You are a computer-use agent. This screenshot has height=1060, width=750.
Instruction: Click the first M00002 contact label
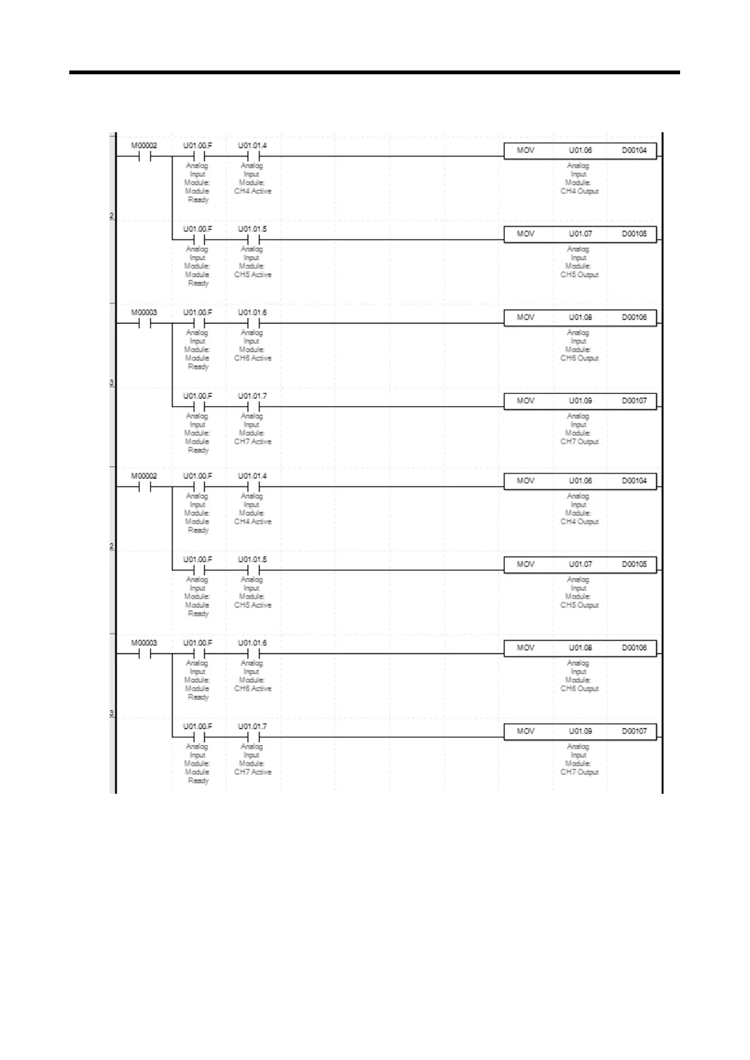pos(144,145)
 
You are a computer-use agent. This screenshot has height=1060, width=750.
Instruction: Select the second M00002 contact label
pos(144,476)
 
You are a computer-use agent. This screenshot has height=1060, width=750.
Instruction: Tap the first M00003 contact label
pos(144,312)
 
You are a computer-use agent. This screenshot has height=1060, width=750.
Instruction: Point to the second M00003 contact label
pos(144,643)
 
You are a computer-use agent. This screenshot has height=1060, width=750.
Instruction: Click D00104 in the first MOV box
pos(634,150)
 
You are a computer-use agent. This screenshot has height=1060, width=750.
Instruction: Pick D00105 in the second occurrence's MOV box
pos(634,564)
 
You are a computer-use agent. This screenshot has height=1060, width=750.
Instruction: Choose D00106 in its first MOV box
pos(634,317)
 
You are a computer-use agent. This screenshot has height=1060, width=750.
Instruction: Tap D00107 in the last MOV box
pos(634,731)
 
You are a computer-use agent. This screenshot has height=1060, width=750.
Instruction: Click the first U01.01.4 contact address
pos(252,145)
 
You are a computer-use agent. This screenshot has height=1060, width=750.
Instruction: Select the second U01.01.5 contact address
pos(252,560)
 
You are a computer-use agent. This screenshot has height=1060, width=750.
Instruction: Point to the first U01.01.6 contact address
pos(252,312)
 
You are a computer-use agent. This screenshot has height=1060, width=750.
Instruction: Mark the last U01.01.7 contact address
pos(252,726)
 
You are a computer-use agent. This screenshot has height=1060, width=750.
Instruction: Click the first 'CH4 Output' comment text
pos(579,191)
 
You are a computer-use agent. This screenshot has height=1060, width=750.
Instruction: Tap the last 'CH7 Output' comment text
pos(579,772)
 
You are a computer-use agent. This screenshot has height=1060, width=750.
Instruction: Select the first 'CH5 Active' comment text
pos(253,275)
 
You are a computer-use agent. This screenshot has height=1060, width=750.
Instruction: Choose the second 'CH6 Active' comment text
pos(253,689)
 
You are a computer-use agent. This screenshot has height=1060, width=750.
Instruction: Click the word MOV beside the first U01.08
pos(525,317)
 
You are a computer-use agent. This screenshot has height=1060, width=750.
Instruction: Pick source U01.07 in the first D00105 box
pos(580,234)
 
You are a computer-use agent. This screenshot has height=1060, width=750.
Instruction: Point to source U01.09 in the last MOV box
pos(580,731)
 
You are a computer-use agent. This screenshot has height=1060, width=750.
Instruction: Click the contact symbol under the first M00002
pos(144,157)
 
